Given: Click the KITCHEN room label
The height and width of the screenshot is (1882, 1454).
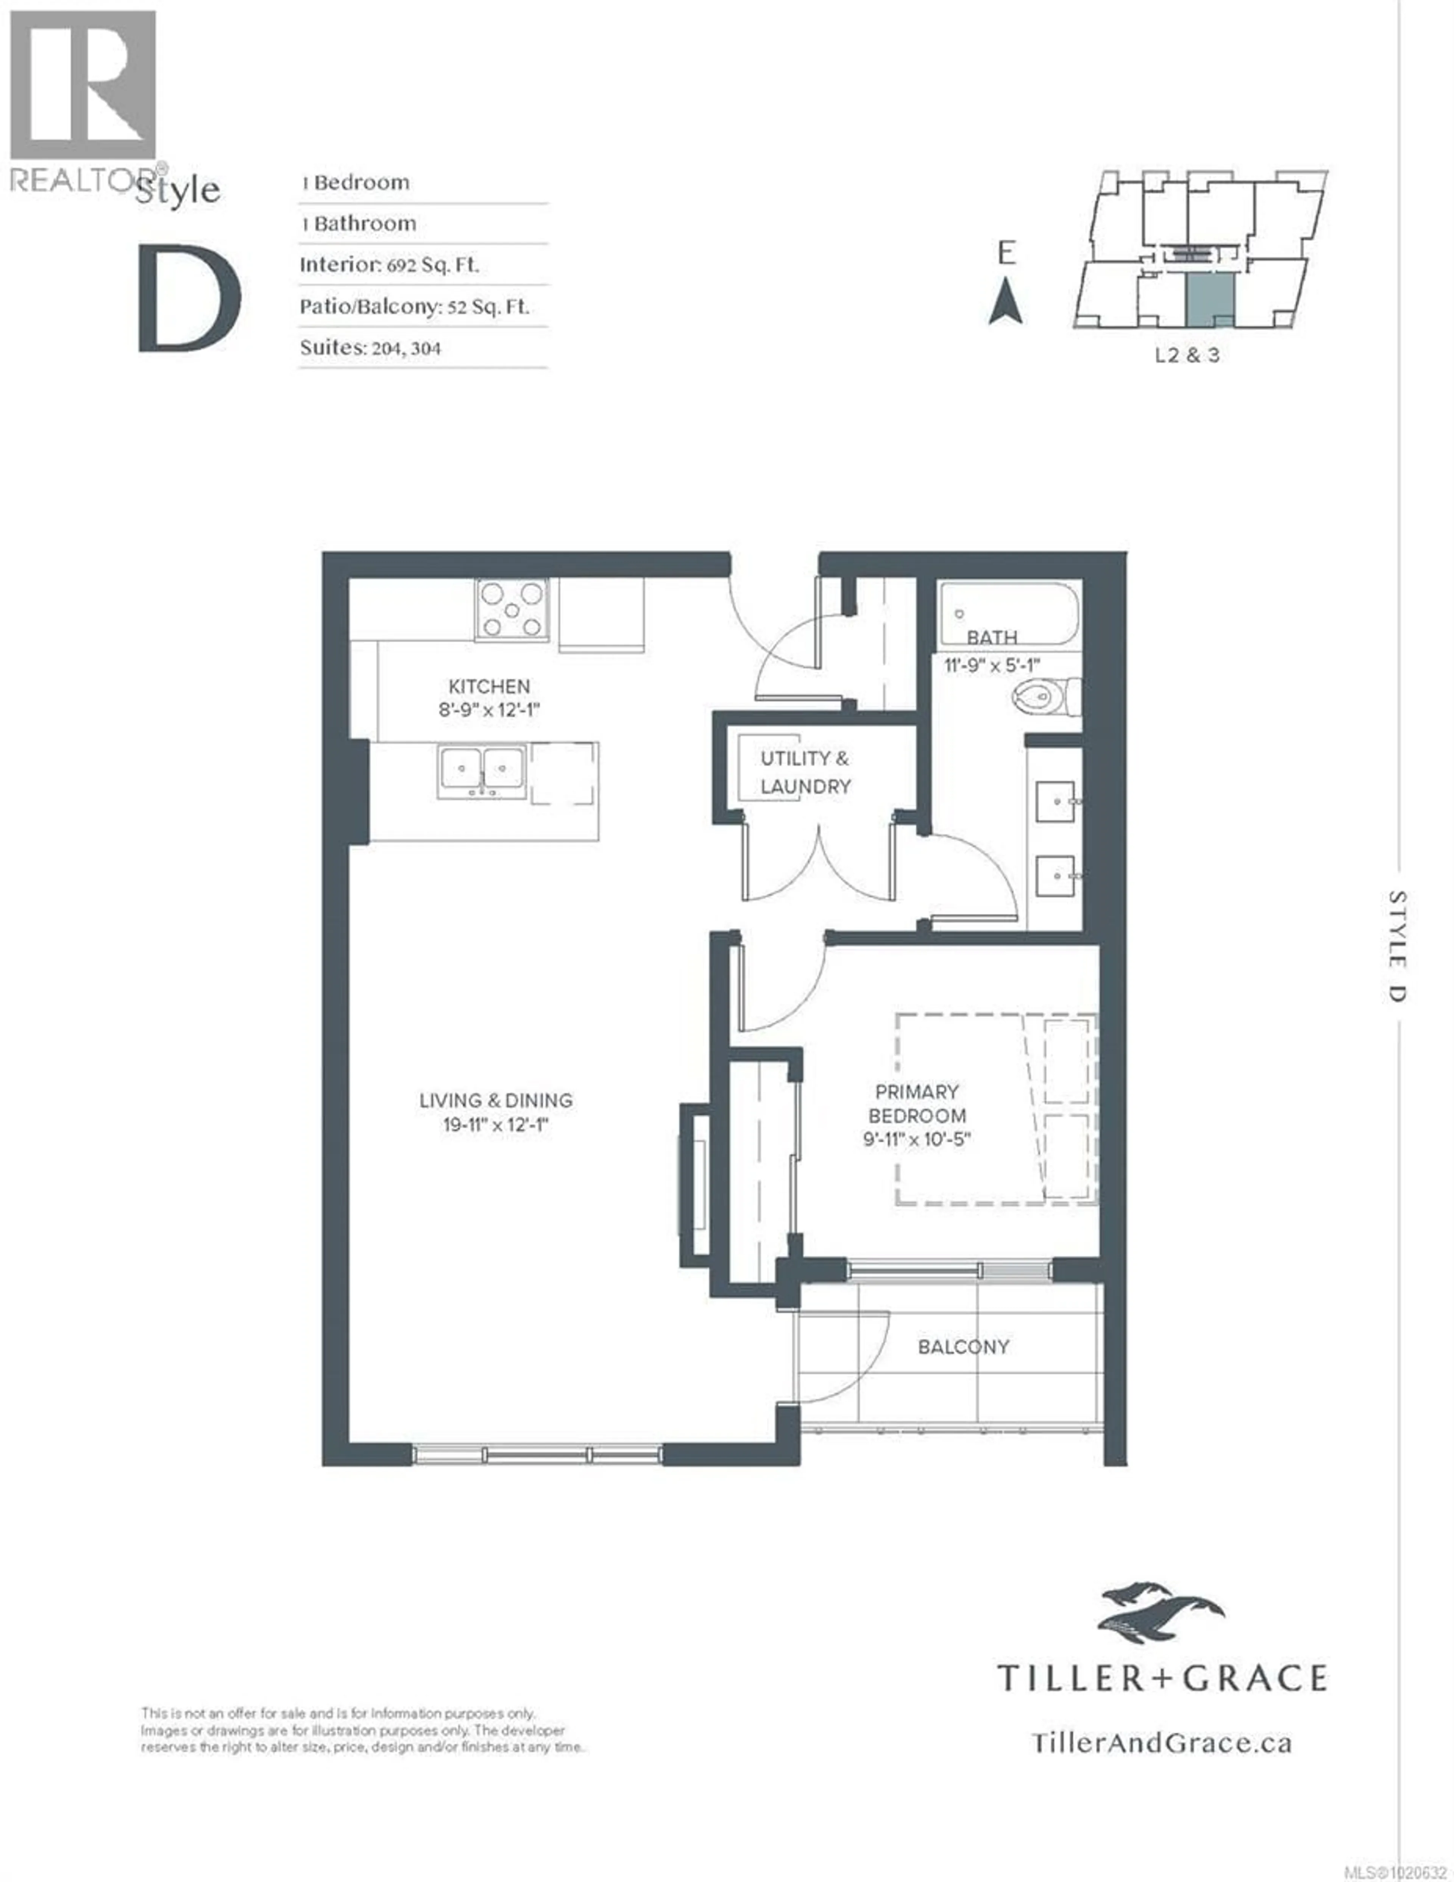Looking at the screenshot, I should [489, 687].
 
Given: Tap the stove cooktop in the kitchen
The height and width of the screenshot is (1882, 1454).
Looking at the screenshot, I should [512, 609].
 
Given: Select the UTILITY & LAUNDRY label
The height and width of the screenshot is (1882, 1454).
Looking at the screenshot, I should [805, 772].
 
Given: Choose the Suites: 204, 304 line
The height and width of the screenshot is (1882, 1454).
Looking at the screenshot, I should [371, 348].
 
